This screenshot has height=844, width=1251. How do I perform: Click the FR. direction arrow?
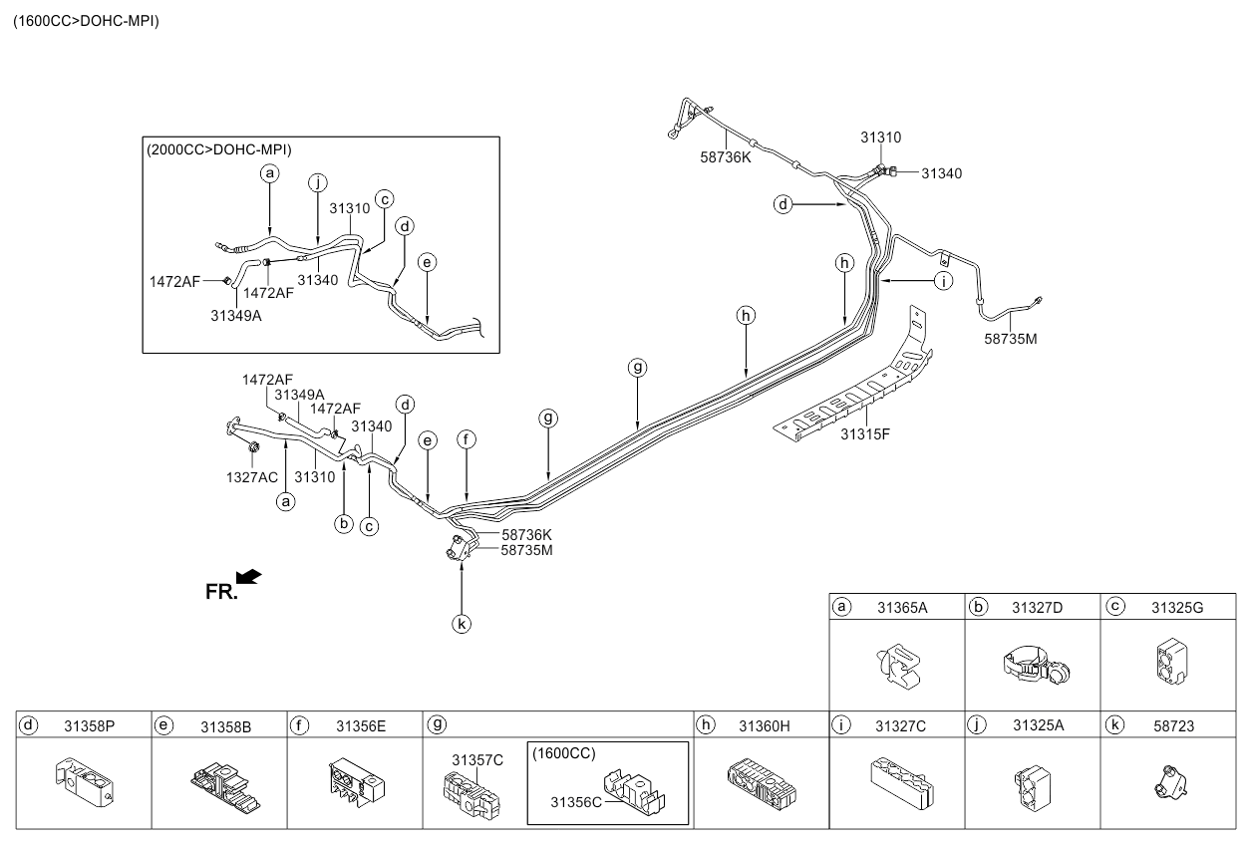[x=249, y=577]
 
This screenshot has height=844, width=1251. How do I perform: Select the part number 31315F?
[x=865, y=433]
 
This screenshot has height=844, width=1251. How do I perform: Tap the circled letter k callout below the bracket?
[x=462, y=624]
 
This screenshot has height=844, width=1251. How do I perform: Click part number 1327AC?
[x=252, y=477]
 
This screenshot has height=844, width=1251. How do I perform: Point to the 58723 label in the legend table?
[x=1173, y=726]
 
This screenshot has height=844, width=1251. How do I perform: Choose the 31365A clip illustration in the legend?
[x=898, y=666]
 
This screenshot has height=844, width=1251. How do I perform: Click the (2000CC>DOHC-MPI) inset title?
[x=219, y=149]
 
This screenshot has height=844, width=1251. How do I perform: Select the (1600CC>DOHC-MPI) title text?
[x=86, y=21]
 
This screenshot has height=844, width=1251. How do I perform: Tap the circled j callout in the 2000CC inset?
[x=318, y=182]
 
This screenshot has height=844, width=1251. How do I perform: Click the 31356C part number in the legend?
[x=576, y=802]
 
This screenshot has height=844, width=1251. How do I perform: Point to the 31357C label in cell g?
[x=477, y=760]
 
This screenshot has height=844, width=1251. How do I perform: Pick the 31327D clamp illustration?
[x=1036, y=666]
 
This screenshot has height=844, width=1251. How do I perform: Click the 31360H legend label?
[x=764, y=726]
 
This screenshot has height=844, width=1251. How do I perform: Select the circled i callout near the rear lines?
[x=943, y=281]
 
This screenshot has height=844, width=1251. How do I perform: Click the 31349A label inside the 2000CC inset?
[x=235, y=316]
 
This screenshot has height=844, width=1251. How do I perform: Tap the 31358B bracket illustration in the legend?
[x=225, y=787]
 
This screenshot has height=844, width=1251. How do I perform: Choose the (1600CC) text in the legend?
[x=564, y=753]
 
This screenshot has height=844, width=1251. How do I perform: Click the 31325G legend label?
[x=1177, y=608]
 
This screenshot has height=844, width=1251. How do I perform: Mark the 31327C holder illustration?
[x=902, y=782]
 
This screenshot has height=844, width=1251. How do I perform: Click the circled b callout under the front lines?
[x=344, y=523]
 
